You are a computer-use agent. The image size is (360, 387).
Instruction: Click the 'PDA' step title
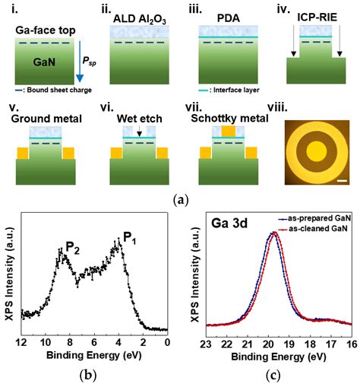coord(228,9)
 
